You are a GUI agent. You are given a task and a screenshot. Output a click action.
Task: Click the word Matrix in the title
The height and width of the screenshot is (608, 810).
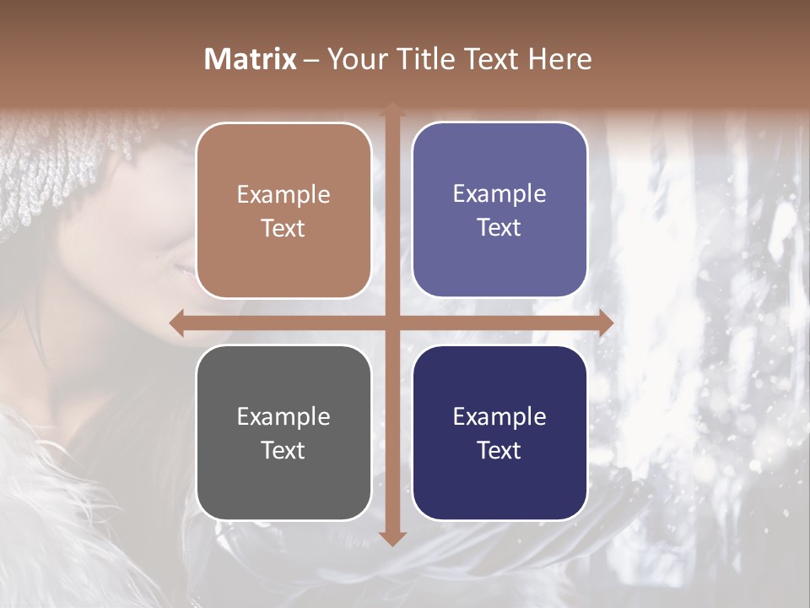click(251, 59)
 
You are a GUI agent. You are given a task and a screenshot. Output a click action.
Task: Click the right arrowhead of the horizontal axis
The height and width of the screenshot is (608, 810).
click(605, 323)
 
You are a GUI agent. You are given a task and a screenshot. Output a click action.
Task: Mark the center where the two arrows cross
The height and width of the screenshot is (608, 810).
click(391, 323)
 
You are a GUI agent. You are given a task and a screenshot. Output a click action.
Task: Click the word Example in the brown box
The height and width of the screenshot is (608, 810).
click(283, 195)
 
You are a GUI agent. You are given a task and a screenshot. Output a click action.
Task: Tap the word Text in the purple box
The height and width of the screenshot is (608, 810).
click(499, 228)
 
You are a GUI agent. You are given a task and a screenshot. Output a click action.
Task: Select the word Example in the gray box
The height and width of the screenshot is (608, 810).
click(283, 416)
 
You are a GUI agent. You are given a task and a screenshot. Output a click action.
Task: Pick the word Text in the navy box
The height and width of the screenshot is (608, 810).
click(499, 450)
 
